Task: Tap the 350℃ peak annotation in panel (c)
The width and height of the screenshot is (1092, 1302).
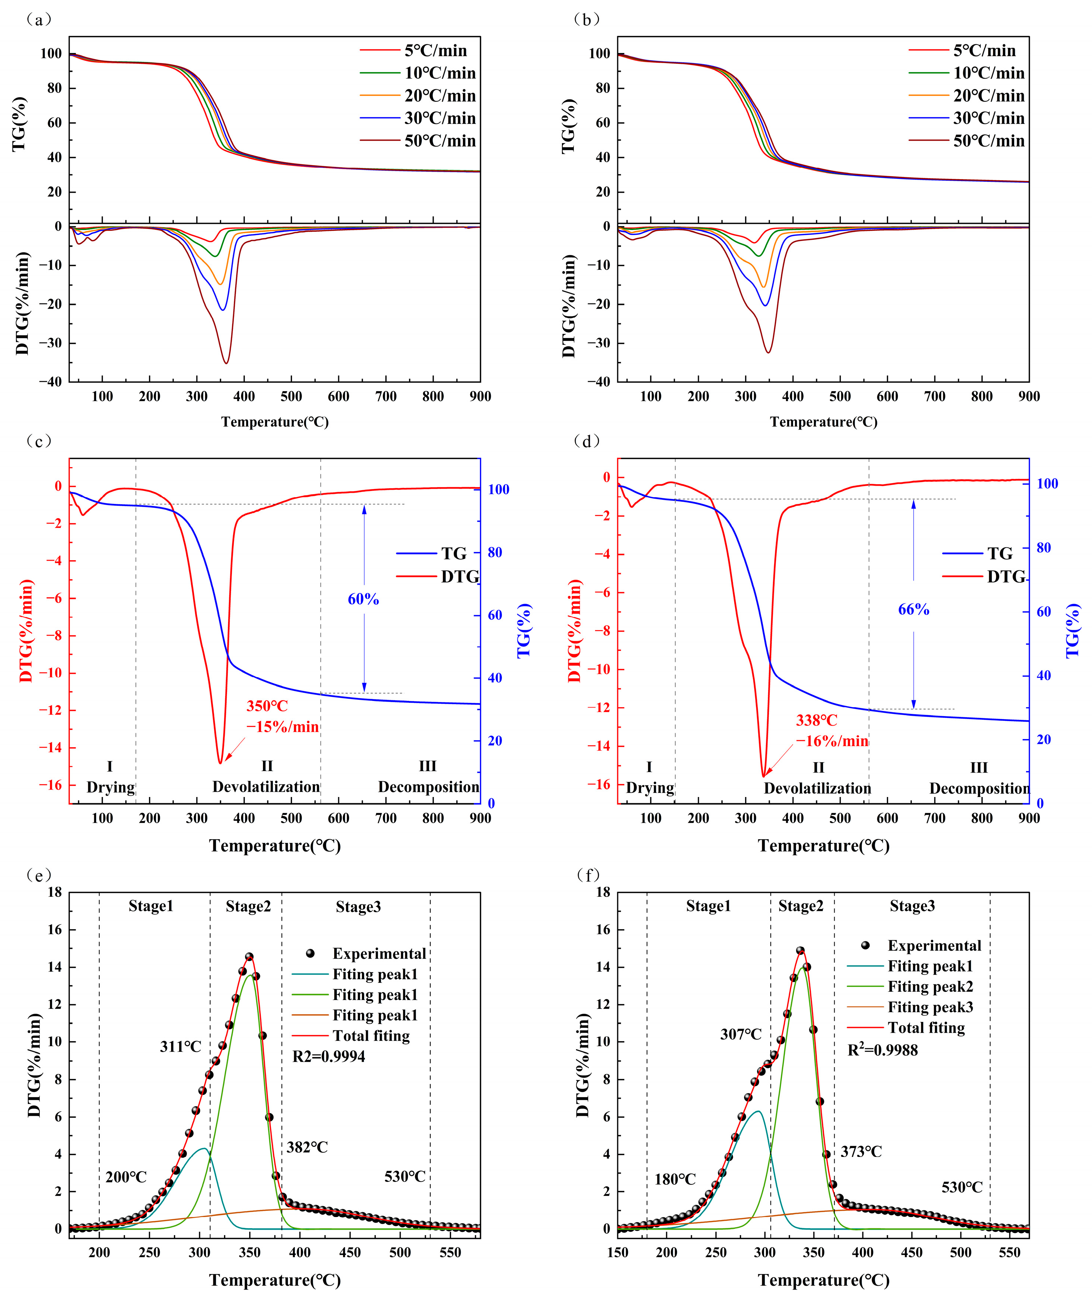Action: [267, 706]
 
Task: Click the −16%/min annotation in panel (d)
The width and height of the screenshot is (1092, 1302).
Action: [832, 741]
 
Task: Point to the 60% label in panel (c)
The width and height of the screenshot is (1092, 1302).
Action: [363, 599]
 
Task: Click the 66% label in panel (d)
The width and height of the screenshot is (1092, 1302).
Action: [914, 610]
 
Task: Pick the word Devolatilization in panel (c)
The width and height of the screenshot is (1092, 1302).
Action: [266, 787]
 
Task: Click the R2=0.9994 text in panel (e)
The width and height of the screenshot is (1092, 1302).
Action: [329, 1056]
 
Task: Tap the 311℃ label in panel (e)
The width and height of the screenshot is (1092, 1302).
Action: [180, 1047]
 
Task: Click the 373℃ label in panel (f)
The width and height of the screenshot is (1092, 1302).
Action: [861, 1151]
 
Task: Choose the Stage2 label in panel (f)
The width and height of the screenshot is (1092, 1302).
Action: [801, 906]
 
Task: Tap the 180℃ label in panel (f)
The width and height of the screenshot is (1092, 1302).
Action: [675, 1179]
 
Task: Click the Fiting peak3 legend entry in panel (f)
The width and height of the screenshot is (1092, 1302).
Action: [930, 1007]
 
